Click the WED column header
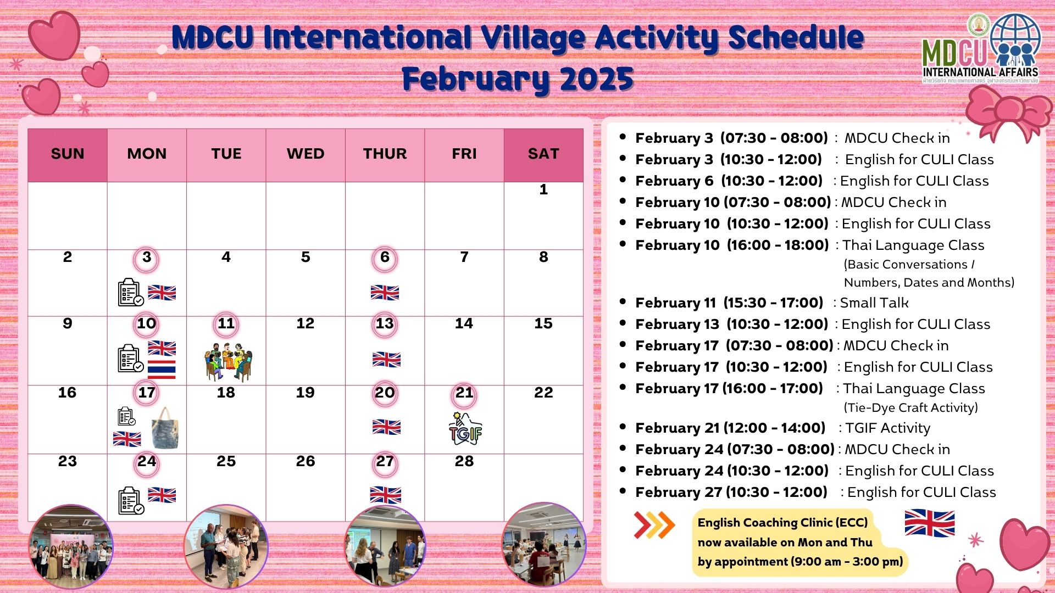point(306,154)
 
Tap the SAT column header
point(543,154)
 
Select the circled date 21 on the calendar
point(464,393)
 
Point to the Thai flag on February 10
point(162,370)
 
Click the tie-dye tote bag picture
point(165,428)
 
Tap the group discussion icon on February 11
point(229,362)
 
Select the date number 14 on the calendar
point(464,323)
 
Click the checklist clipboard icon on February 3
point(131,292)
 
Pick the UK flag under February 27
point(385,495)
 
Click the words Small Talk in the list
point(874,303)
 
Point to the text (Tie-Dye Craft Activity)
point(911,407)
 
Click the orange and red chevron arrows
point(654,525)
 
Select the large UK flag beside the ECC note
point(930,523)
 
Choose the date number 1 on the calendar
point(543,189)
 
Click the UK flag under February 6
point(385,293)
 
